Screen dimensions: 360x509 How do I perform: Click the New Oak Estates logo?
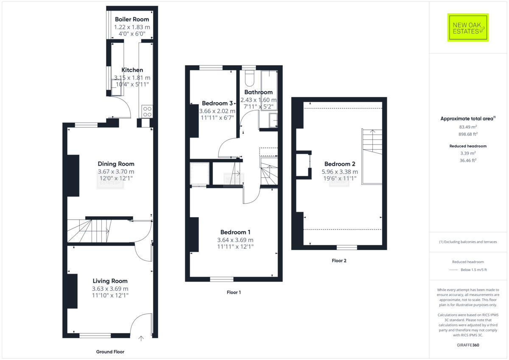[468, 28]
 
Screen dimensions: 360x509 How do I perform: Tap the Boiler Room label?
[132, 19]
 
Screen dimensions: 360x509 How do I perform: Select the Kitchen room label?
[132, 70]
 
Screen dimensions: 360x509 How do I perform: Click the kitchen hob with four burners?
[147, 112]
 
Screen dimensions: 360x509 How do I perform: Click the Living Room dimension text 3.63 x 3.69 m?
[110, 289]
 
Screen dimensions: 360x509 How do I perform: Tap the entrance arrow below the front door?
[141, 338]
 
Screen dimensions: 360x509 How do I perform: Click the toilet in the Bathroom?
[249, 78]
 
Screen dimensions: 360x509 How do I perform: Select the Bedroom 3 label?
[217, 103]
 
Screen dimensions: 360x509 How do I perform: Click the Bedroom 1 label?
[235, 232]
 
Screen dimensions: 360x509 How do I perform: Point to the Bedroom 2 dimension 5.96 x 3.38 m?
[340, 172]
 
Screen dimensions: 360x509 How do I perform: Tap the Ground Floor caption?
[110, 352]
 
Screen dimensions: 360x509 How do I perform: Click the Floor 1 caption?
[234, 292]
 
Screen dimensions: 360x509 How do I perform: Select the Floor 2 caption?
[339, 261]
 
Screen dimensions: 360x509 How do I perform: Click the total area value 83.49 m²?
[468, 127]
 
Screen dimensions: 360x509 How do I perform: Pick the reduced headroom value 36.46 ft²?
[468, 160]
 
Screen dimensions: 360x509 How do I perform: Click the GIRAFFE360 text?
[468, 345]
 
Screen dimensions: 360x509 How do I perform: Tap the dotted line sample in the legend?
[454, 270]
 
